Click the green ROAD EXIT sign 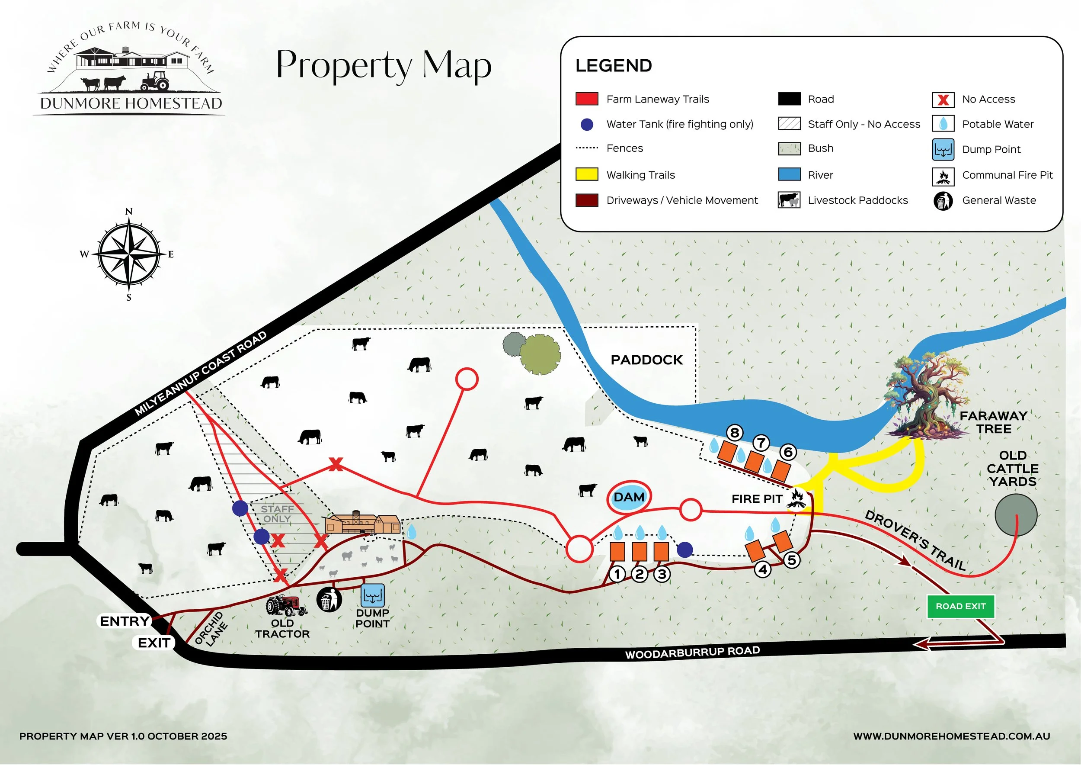pyautogui.click(x=960, y=606)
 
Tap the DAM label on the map pyautogui.click(x=629, y=497)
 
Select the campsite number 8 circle pyautogui.click(x=735, y=432)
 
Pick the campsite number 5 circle pyautogui.click(x=792, y=560)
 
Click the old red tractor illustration pyautogui.click(x=285, y=605)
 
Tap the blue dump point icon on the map pyautogui.click(x=372, y=595)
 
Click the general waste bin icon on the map pyautogui.click(x=329, y=599)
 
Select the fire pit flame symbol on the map pyautogui.click(x=796, y=499)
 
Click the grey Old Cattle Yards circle pyautogui.click(x=1016, y=515)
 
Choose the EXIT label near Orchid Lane pyautogui.click(x=154, y=643)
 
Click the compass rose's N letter pyautogui.click(x=128, y=212)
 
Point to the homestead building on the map pyautogui.click(x=362, y=523)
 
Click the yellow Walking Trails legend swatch pyautogui.click(x=587, y=174)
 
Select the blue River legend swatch pyautogui.click(x=789, y=174)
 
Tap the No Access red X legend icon pyautogui.click(x=943, y=100)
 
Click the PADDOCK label pyautogui.click(x=646, y=360)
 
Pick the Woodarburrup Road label pyautogui.click(x=692, y=652)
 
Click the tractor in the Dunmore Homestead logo pyautogui.click(x=155, y=81)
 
